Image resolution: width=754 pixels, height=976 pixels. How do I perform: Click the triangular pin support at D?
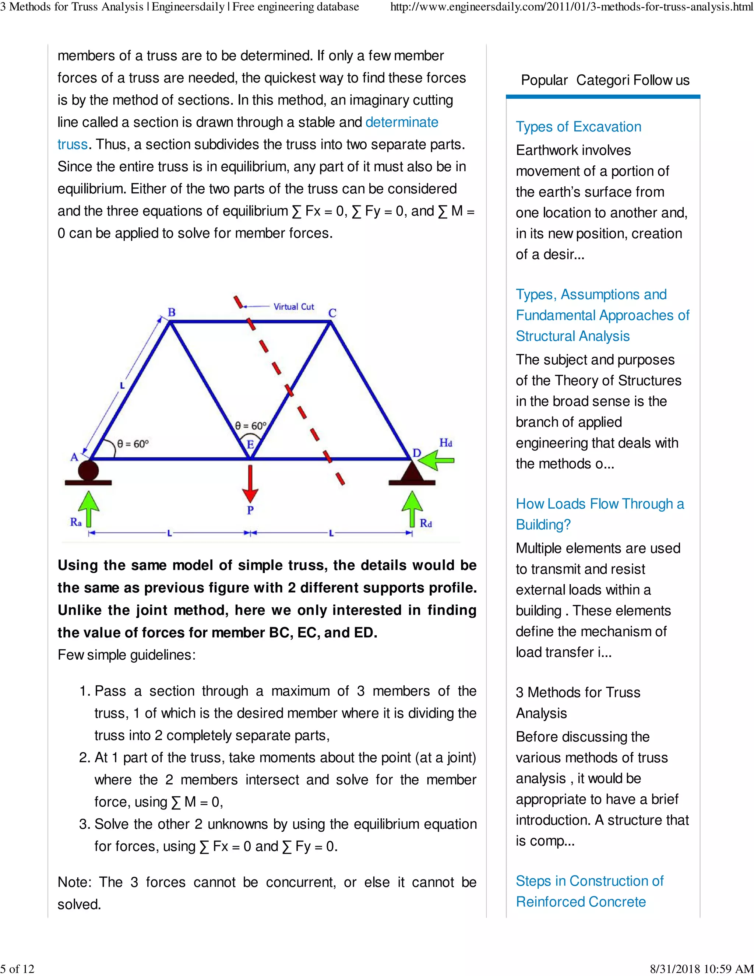point(412,472)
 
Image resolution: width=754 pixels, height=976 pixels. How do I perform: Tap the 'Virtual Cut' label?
point(293,306)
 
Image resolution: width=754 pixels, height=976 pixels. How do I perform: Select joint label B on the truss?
point(172,312)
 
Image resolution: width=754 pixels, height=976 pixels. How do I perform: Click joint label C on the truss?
point(332,313)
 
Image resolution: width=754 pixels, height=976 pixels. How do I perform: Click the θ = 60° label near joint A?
point(133,444)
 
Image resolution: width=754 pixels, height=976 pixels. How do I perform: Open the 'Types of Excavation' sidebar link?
point(578,127)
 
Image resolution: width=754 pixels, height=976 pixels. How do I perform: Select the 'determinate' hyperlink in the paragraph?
point(402,122)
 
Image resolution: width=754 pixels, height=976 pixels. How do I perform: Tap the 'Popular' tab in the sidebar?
point(544,80)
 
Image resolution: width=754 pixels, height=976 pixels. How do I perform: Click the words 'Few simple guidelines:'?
point(126,655)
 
